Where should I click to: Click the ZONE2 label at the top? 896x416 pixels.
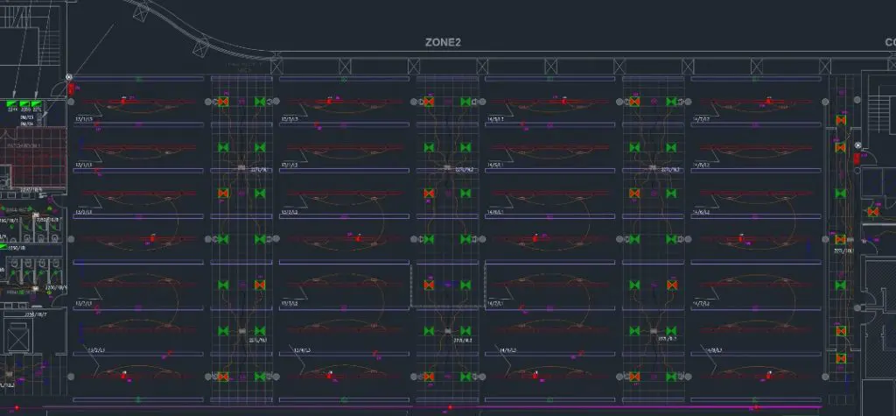[443, 42]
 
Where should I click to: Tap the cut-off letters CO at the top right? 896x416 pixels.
[889, 42]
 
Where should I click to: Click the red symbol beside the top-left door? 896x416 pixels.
[69, 88]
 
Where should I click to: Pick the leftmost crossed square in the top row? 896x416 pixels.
[276, 65]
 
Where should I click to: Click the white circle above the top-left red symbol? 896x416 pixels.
[70, 76]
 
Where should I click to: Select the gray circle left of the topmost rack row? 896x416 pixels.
[72, 102]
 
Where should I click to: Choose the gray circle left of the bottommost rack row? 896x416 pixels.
[72, 375]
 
